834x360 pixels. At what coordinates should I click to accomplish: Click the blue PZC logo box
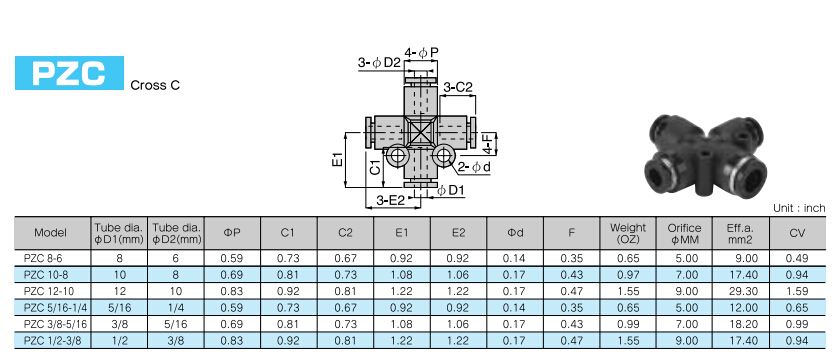(x=69, y=73)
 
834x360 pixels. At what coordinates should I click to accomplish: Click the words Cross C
(x=155, y=85)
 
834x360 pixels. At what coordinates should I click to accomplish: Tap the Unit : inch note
(x=799, y=208)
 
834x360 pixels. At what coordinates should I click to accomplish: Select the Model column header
(x=51, y=232)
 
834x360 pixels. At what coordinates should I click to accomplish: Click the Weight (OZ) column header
(x=628, y=233)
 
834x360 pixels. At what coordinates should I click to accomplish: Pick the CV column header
(x=797, y=232)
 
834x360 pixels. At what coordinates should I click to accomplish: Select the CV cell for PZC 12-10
(x=797, y=291)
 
